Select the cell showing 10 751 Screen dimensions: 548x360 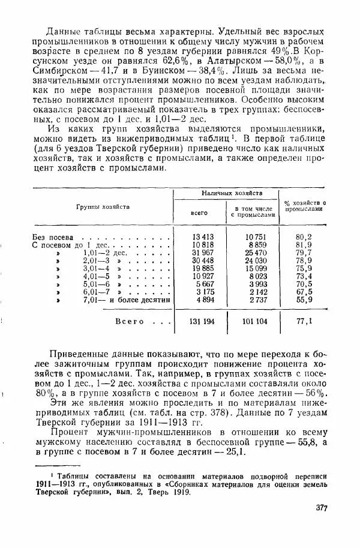pos(251,236)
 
